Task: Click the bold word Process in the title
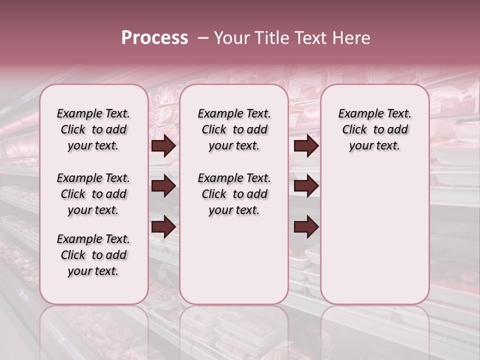(x=154, y=38)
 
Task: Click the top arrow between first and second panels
(x=163, y=146)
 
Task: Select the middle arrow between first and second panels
(x=163, y=186)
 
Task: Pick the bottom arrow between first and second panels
(x=163, y=227)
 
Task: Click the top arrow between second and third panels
(x=306, y=146)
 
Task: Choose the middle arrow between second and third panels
(x=306, y=186)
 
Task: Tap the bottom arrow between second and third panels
(x=306, y=227)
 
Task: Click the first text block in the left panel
(x=93, y=129)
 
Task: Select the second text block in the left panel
(x=93, y=194)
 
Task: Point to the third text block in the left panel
(x=93, y=255)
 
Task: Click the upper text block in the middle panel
(x=234, y=129)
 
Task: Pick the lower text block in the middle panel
(x=234, y=194)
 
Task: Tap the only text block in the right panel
(x=374, y=129)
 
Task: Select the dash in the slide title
(x=202, y=38)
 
